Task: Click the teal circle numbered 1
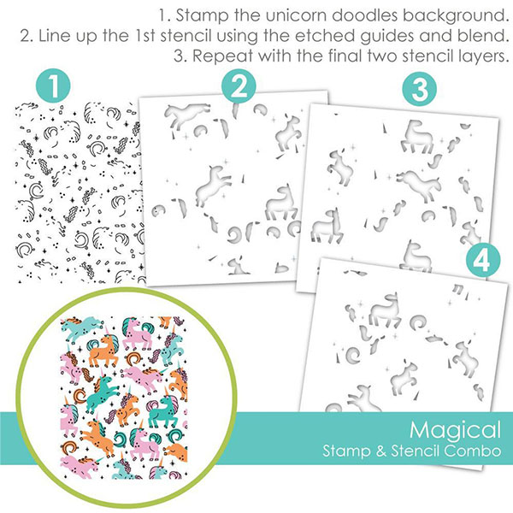pyautogui.click(x=53, y=85)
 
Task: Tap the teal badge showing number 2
pyautogui.click(x=239, y=86)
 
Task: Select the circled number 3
pyautogui.click(x=420, y=89)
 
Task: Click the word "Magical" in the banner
pyautogui.click(x=455, y=431)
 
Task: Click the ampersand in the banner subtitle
pyautogui.click(x=381, y=451)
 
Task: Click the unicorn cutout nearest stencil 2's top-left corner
pyautogui.click(x=186, y=116)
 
